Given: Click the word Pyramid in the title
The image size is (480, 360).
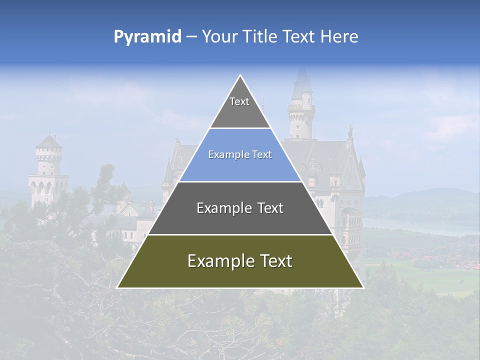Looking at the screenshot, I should (x=147, y=36).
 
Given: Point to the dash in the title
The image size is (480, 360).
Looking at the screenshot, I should (x=191, y=37).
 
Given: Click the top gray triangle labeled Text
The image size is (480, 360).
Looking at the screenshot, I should (x=239, y=107).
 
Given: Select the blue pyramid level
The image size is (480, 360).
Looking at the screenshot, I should (x=240, y=160).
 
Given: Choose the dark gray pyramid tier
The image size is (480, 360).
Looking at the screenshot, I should (x=240, y=212).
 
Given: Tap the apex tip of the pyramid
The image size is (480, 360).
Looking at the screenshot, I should (x=240, y=76).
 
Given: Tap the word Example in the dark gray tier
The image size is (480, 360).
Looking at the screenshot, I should (x=218, y=208).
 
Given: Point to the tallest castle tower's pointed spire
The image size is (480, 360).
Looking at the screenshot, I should (x=301, y=75).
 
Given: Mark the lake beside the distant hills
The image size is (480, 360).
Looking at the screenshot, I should (x=420, y=225).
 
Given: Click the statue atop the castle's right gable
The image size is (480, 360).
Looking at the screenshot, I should (x=350, y=131).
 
